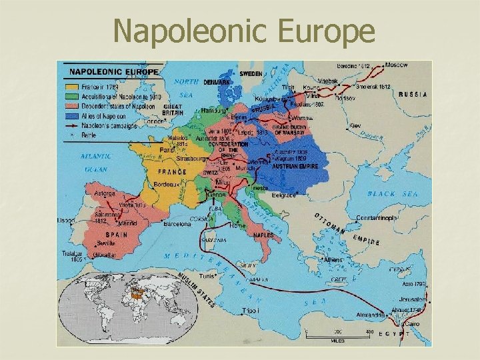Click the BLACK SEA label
click(390, 193)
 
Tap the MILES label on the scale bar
click(339, 340)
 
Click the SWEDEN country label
click(251, 73)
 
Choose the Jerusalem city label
click(411, 299)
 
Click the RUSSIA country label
click(413, 95)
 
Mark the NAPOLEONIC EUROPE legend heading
click(111, 71)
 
